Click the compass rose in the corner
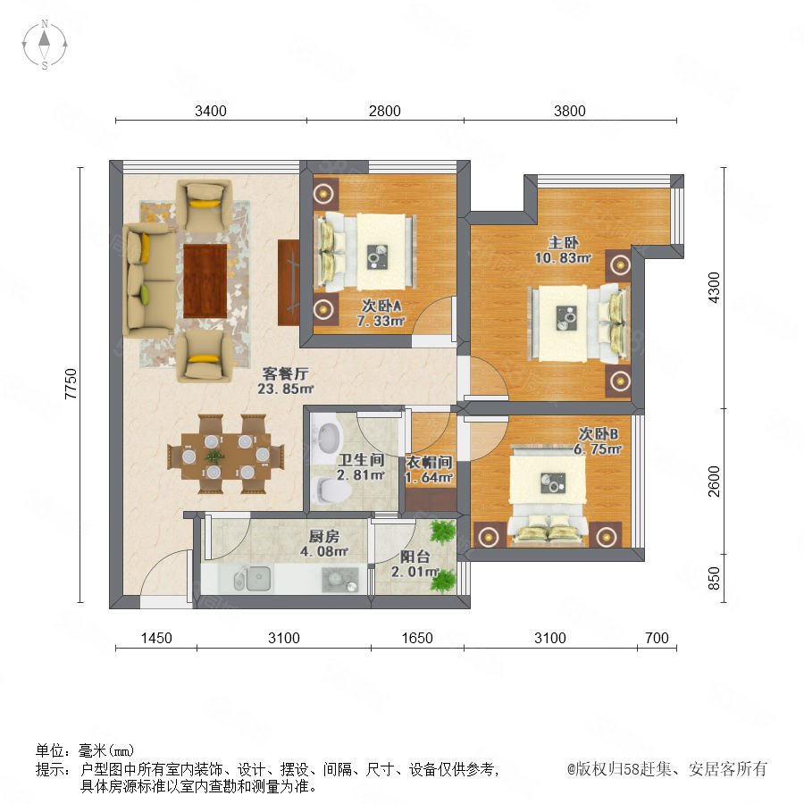45,45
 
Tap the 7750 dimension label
71,383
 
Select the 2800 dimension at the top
384,111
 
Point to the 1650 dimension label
417,638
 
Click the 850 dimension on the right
714,578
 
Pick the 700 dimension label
657,638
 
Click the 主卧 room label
563,242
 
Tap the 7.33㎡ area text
381,322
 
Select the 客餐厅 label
285,373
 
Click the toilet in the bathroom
331,490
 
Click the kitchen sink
253,579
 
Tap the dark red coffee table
205,281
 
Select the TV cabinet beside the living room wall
289,282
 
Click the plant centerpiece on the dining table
214,456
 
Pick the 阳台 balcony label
415,557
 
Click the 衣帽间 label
429,463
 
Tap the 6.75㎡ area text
598,449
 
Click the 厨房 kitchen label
324,537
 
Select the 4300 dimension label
714,288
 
